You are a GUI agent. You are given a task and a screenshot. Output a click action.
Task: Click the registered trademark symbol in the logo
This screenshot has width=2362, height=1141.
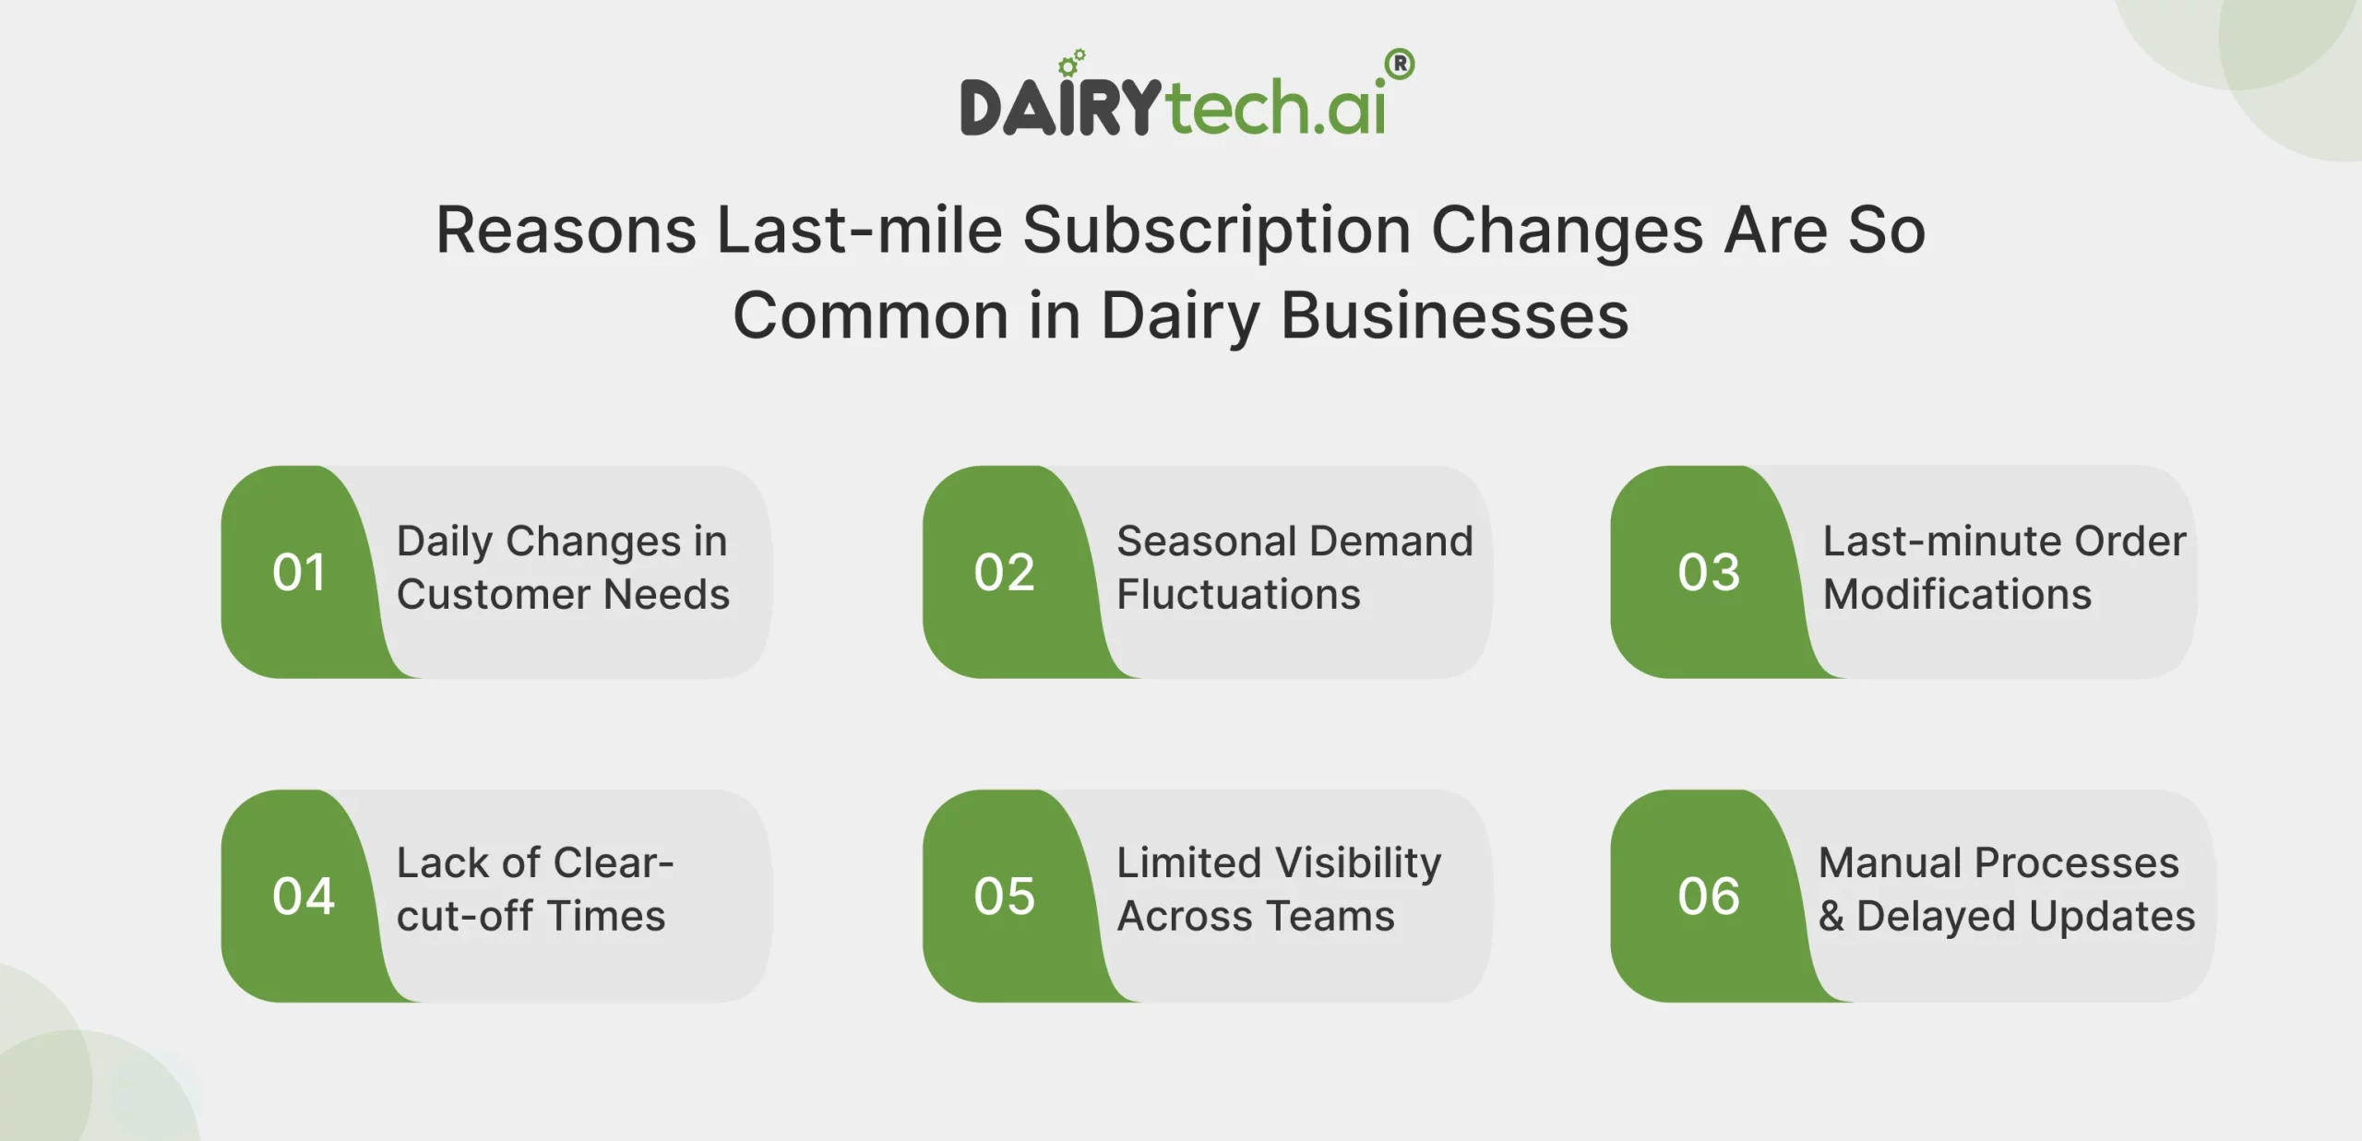tap(1400, 65)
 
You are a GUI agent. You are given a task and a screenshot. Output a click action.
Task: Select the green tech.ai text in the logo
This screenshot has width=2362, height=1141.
tap(1275, 108)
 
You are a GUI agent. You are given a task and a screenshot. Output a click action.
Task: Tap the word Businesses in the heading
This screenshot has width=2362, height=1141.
tap(1454, 316)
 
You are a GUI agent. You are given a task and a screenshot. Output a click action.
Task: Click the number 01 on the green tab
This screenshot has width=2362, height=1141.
tap(299, 573)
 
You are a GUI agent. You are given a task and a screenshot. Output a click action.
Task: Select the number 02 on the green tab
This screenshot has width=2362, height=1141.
tap(1004, 573)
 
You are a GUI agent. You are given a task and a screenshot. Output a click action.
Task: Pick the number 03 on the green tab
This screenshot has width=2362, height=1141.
tap(1709, 573)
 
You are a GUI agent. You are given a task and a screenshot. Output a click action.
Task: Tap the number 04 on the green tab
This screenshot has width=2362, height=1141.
tap(303, 897)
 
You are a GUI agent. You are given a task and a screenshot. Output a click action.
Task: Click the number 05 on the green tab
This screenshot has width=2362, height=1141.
tap(1004, 897)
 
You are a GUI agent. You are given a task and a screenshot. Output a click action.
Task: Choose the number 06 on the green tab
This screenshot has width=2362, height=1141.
tap(1709, 897)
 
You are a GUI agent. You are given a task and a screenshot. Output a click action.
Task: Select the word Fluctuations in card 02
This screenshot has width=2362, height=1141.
tap(1238, 595)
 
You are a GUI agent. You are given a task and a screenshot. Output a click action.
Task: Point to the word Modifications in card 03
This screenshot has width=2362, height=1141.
tap(1957, 595)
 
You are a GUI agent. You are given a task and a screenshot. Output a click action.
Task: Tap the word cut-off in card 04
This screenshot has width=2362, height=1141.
tap(464, 917)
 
